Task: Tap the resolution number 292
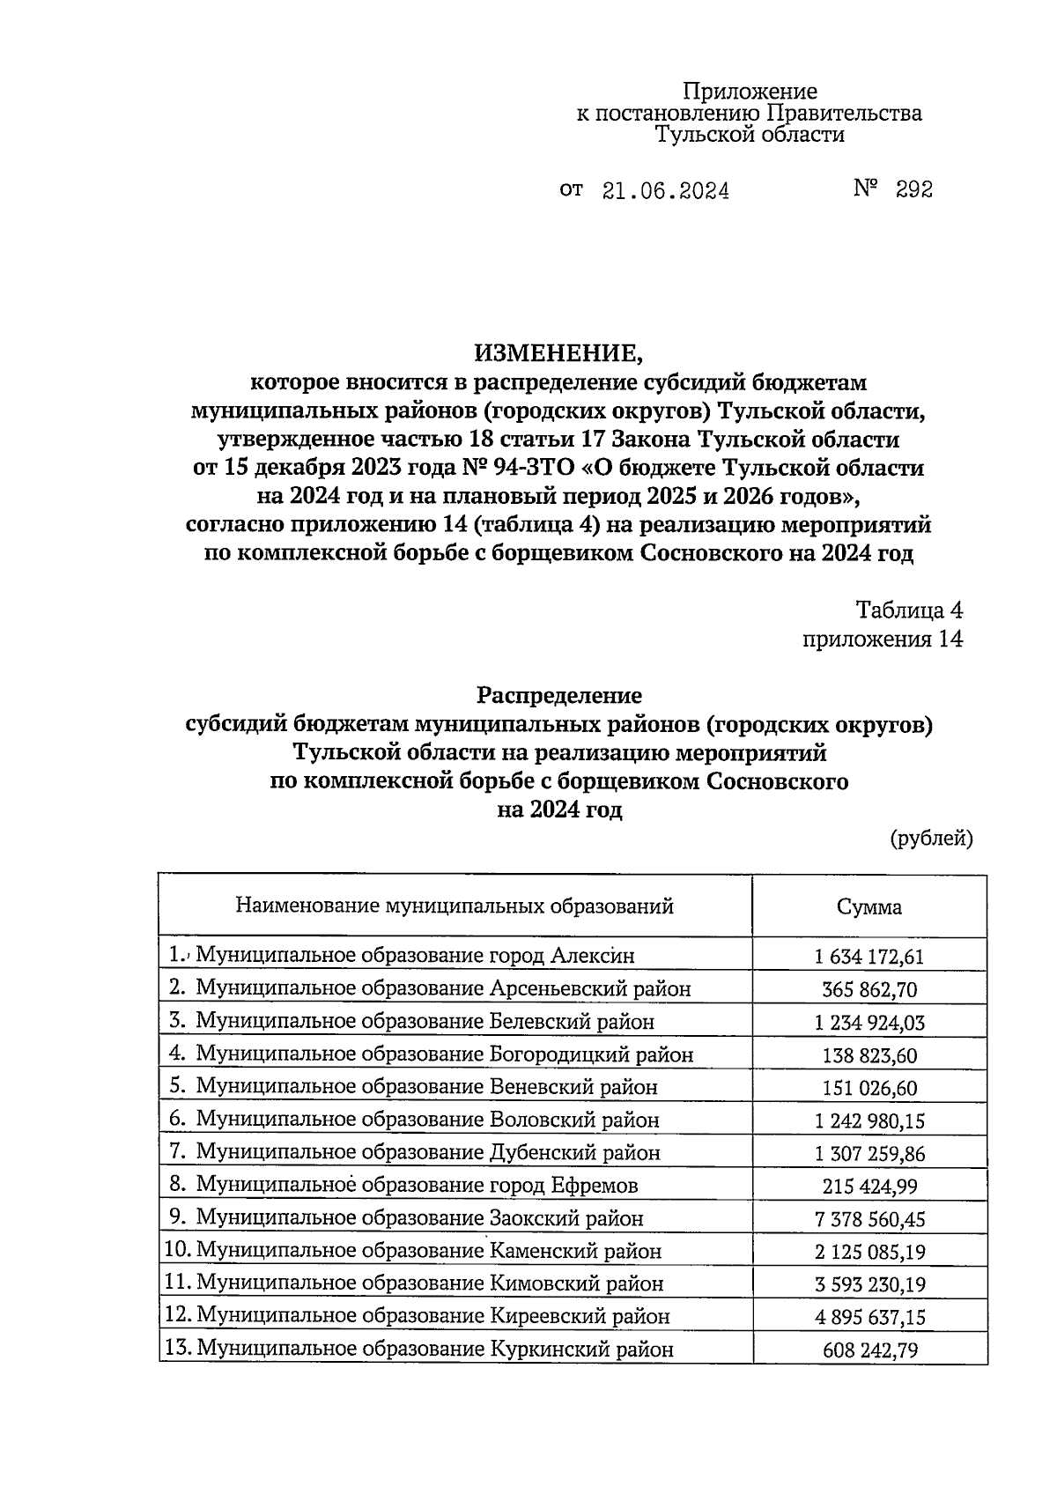coord(913,189)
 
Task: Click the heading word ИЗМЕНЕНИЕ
coord(559,354)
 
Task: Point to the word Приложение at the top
coord(750,92)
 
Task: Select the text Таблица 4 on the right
coord(910,610)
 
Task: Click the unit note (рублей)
coord(931,839)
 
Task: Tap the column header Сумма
coord(869,906)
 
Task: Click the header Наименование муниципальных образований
coord(455,906)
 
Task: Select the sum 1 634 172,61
coord(869,957)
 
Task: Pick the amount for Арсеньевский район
coord(869,989)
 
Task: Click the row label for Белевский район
coord(425,1022)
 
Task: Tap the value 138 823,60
coord(869,1055)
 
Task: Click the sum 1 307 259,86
coord(869,1154)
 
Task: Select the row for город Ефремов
coord(417,1186)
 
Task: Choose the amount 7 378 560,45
coord(869,1219)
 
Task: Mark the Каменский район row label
coord(428,1251)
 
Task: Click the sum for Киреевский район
coord(869,1317)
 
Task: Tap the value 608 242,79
coord(869,1350)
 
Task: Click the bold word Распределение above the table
coord(559,696)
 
